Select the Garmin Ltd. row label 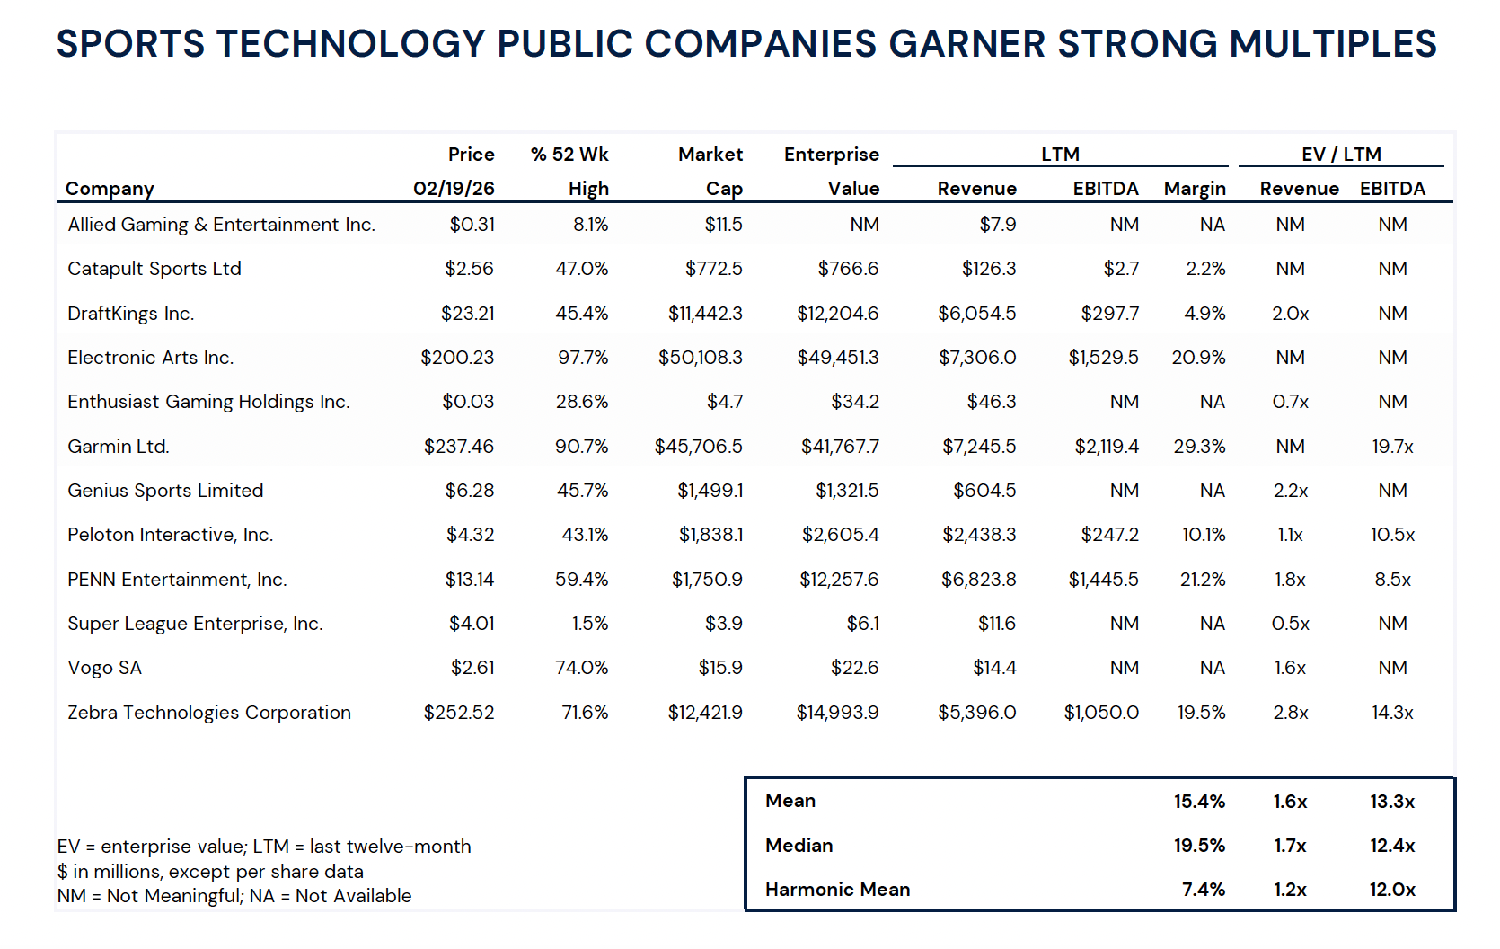tap(118, 447)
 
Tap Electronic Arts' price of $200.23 tap(457, 358)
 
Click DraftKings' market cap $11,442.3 tap(705, 314)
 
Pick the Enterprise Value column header tap(832, 171)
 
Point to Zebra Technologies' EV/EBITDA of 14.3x tap(1392, 713)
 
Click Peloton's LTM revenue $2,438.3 tap(979, 535)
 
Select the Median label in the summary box tap(799, 846)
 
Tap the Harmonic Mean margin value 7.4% tap(1203, 890)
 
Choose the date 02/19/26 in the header tap(454, 189)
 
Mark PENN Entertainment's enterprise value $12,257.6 tap(839, 580)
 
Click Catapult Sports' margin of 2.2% tap(1205, 269)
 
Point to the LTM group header tap(1060, 155)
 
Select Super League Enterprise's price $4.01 tap(472, 624)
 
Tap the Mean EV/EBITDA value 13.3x tap(1392, 802)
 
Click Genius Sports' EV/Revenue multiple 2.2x tap(1290, 491)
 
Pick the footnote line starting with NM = tap(234, 896)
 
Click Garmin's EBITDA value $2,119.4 tap(1107, 447)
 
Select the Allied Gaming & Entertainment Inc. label tap(221, 225)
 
